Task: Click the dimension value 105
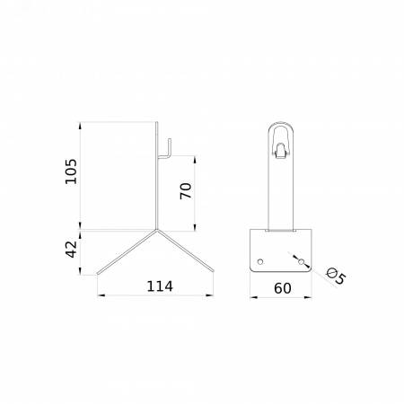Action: click(x=71, y=171)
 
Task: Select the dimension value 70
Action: click(x=186, y=191)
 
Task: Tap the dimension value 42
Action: click(x=71, y=249)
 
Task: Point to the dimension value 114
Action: click(x=160, y=286)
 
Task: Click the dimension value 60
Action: click(x=283, y=288)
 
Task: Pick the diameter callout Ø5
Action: click(x=336, y=276)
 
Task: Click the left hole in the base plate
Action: click(x=260, y=261)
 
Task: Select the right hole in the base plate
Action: click(x=301, y=262)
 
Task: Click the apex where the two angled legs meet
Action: click(x=156, y=230)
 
